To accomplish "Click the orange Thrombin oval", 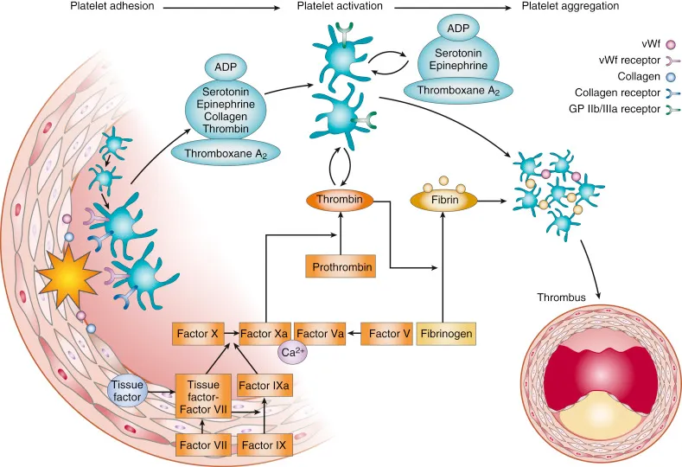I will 338,201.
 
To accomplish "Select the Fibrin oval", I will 442,200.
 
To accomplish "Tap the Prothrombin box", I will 341,268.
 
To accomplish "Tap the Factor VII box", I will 201,445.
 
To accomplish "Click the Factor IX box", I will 264,445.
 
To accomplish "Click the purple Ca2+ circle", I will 290,352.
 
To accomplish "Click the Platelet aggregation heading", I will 570,6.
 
